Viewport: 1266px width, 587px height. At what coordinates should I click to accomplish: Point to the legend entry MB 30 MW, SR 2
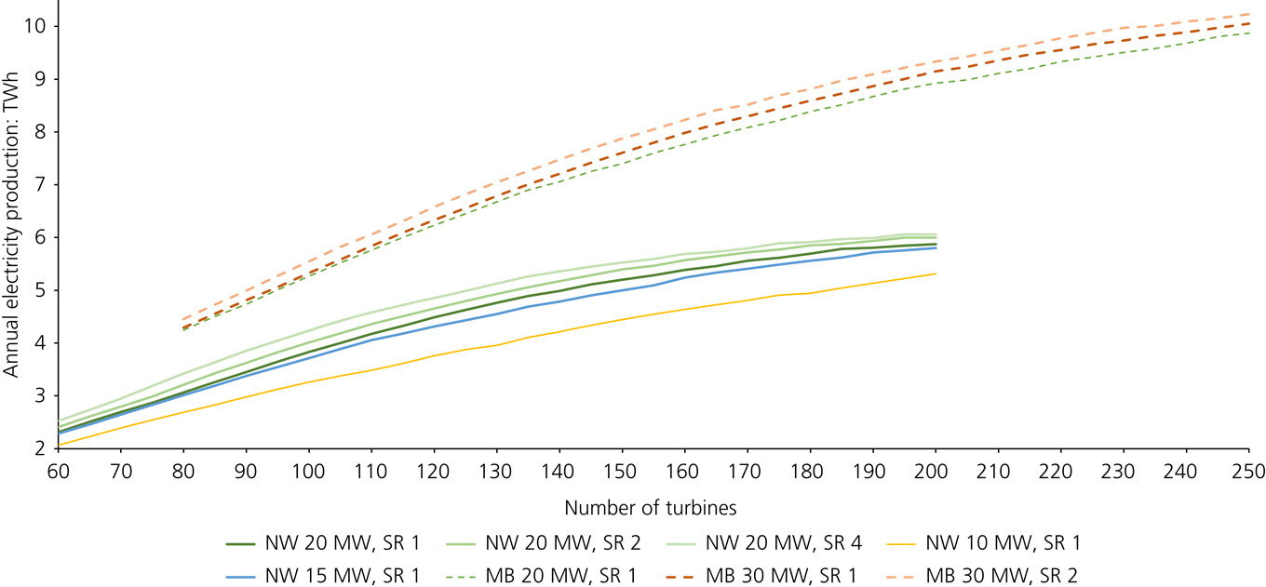1000,576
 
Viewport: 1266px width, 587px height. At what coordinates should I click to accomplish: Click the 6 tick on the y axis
42,237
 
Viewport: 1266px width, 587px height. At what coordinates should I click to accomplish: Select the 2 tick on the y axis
42,448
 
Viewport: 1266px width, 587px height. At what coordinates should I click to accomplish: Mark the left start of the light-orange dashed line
183,319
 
